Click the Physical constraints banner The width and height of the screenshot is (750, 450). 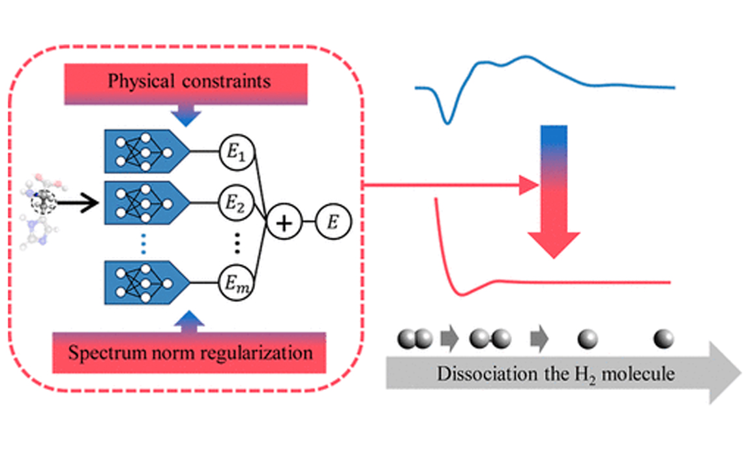point(189,83)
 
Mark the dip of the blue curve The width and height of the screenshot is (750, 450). point(447,121)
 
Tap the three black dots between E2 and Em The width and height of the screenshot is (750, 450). point(237,243)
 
